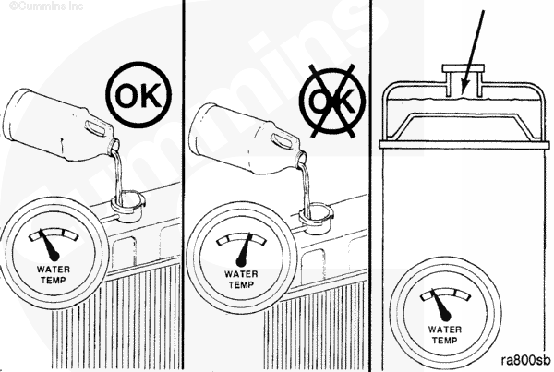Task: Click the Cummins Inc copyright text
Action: (x=46, y=6)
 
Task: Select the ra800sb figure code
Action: (x=526, y=360)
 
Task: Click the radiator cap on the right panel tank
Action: (x=464, y=68)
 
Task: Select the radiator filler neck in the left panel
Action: (x=127, y=206)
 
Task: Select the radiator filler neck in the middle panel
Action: (x=316, y=218)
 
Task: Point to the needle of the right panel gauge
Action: (x=440, y=305)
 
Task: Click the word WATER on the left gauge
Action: (x=54, y=270)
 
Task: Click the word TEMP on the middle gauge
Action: (x=241, y=284)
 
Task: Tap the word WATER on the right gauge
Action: (x=445, y=330)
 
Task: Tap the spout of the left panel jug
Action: (x=114, y=145)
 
